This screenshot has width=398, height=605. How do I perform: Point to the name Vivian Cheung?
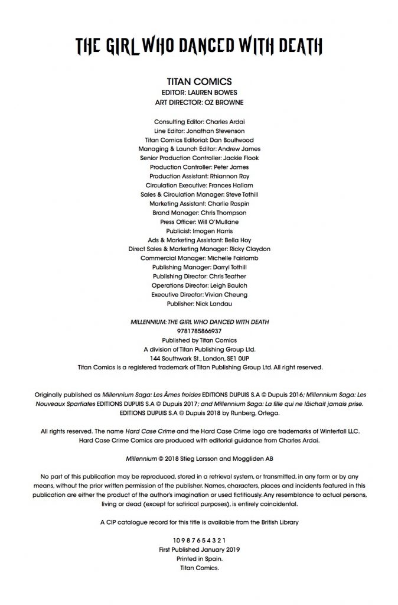(x=226, y=294)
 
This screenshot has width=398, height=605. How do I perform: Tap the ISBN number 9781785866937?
(x=199, y=331)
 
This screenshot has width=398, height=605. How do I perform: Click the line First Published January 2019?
(x=199, y=549)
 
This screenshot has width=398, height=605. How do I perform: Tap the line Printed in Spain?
(x=199, y=558)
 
